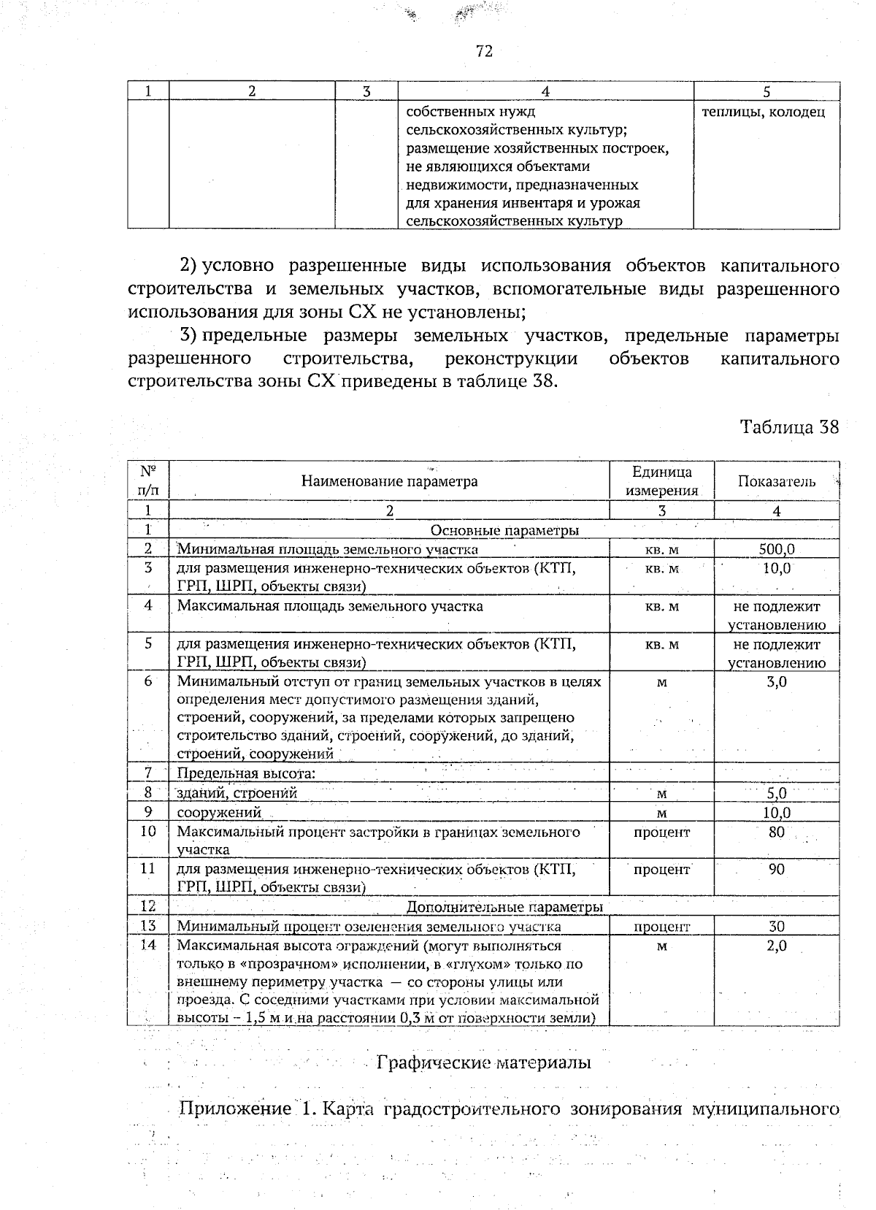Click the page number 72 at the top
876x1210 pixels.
pyautogui.click(x=484, y=50)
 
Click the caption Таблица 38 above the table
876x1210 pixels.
pyautogui.click(x=790, y=426)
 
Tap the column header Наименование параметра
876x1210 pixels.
pyautogui.click(x=389, y=481)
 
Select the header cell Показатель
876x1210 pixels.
pyautogui.click(x=777, y=481)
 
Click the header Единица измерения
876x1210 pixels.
pyautogui.click(x=661, y=481)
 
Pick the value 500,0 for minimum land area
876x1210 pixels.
pyautogui.click(x=777, y=549)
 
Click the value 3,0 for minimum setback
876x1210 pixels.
pyautogui.click(x=777, y=682)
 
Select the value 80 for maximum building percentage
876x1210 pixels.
pyautogui.click(x=777, y=832)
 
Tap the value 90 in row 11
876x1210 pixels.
pyautogui.click(x=777, y=869)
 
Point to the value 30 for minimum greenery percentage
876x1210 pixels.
pyautogui.click(x=777, y=926)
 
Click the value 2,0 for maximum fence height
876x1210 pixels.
pyautogui.click(x=777, y=946)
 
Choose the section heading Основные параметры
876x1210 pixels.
pyautogui.click(x=505, y=530)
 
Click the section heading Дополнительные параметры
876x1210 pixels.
pyautogui.click(x=504, y=907)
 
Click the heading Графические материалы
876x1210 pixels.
pyautogui.click(x=483, y=1062)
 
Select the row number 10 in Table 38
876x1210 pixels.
pyautogui.click(x=148, y=832)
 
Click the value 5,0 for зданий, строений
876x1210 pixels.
pyautogui.click(x=777, y=793)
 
